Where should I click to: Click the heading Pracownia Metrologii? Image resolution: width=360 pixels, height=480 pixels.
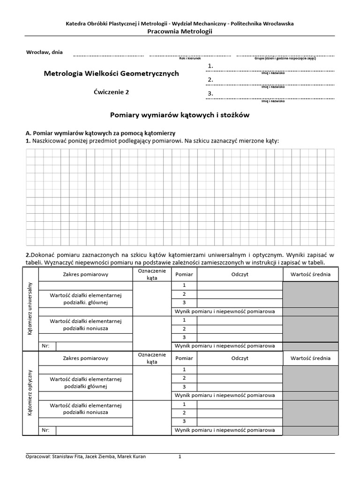coord(180,31)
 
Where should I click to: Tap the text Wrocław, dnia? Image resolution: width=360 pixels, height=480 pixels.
coord(45,52)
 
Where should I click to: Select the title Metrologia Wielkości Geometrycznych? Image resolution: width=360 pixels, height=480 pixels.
coord(111,74)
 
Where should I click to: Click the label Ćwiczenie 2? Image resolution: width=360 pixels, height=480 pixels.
coord(112,92)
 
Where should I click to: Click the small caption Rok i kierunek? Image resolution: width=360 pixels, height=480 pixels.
coord(190,59)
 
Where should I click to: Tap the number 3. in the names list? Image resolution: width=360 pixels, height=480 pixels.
coord(210,93)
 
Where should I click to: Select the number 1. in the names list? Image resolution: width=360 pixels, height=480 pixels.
coord(210,66)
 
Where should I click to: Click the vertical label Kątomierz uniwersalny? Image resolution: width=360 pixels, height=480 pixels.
coord(30,308)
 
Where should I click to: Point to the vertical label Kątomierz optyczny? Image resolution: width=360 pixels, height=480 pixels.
coord(30,392)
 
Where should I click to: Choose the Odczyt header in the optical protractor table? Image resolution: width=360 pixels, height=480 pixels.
coord(240,358)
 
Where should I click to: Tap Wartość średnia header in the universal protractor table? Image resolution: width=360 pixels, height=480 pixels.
coord(310,274)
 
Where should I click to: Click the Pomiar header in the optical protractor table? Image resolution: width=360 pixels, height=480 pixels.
coord(184,358)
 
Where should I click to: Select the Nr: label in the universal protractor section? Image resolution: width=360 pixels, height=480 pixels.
coord(45,346)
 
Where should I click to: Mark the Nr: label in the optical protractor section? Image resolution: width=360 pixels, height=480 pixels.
coord(45,430)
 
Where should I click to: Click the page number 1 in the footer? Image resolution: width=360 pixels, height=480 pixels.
coord(180,457)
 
